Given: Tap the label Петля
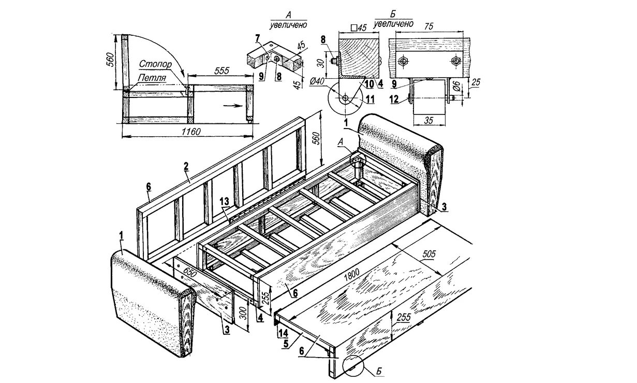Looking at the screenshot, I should pos(152,79).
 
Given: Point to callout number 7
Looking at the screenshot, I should pos(257,38).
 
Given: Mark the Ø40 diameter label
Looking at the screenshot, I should pos(317,82).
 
